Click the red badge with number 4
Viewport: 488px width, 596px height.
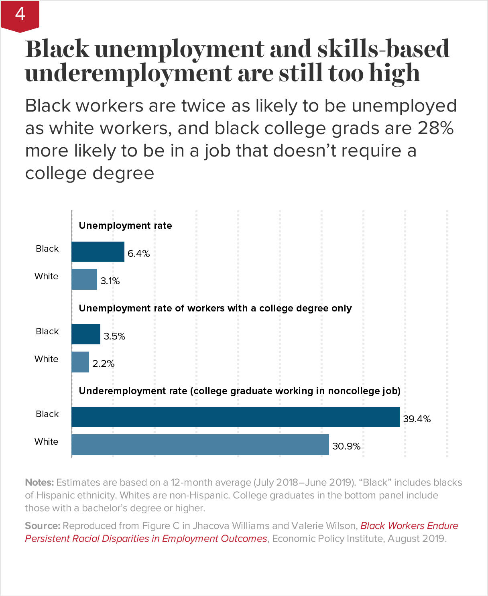tap(20, 15)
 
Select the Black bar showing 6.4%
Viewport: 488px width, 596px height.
tap(98, 252)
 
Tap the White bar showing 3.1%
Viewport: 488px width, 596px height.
tap(84, 279)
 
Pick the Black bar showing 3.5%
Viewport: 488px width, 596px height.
tap(86, 334)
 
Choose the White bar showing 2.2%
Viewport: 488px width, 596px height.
tap(80, 362)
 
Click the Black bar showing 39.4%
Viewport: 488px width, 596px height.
tap(236, 417)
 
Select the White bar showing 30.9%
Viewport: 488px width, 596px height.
tap(200, 445)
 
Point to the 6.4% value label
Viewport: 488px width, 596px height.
tap(138, 254)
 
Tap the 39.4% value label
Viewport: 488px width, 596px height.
tap(417, 419)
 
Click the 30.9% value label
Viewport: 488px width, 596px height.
tap(346, 446)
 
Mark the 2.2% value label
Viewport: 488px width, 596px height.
tap(104, 364)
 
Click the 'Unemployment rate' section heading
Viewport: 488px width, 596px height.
tap(125, 226)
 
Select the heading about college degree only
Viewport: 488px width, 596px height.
tap(215, 308)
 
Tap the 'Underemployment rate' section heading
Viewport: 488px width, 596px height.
tap(240, 391)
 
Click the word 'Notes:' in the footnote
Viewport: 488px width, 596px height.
tap(39, 482)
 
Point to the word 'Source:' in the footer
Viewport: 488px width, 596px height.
tap(43, 526)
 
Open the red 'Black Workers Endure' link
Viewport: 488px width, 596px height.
tap(409, 526)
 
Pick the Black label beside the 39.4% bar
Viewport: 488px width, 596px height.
tap(47, 414)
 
